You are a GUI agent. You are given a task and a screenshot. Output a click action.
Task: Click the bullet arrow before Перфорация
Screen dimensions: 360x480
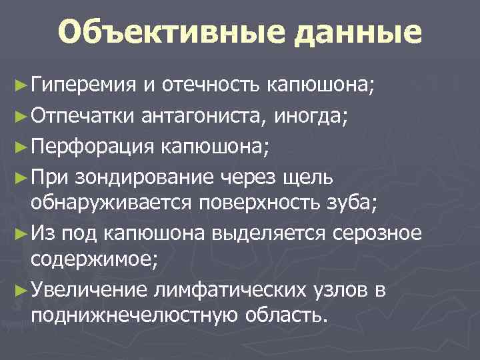point(21,147)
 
